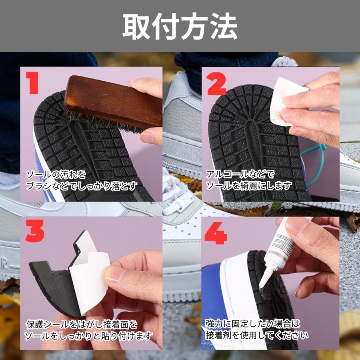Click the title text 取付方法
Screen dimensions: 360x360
pos(180,26)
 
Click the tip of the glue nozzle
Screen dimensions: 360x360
pos(260,287)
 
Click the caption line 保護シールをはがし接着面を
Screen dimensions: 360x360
pos(82,324)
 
